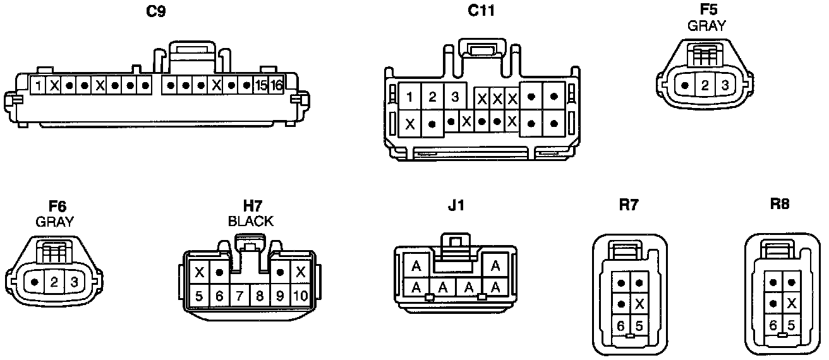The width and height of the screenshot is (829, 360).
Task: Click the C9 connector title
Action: [155, 11]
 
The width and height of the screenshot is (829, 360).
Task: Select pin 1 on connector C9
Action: [39, 85]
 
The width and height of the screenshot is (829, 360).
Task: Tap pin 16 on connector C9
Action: [276, 85]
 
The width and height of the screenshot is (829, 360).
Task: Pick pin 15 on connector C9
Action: [261, 85]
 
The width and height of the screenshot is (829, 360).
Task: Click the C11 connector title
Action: [481, 11]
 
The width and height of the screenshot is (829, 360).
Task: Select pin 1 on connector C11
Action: [410, 97]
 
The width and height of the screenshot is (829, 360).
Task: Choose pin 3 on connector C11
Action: [454, 97]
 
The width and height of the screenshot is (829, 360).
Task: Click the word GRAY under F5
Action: [706, 26]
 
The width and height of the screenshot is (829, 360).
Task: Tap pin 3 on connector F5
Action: [725, 85]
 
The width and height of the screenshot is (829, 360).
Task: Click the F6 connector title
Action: [57, 207]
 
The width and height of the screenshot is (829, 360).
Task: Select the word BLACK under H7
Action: [251, 222]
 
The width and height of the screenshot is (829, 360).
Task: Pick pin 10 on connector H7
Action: [301, 295]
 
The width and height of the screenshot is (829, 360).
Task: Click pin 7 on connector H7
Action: [239, 295]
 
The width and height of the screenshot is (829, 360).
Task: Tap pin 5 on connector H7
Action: [199, 295]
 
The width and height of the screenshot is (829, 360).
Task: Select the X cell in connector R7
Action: [639, 304]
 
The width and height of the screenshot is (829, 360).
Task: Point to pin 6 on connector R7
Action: [621, 325]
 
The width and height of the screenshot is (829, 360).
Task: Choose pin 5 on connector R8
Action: [790, 325]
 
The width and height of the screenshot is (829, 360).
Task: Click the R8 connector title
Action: [780, 204]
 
